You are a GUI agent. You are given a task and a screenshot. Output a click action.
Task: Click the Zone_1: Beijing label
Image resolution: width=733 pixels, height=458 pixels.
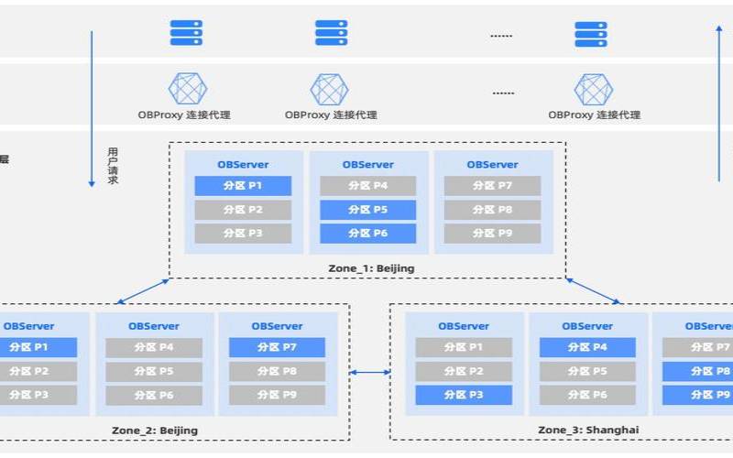(x=371, y=267)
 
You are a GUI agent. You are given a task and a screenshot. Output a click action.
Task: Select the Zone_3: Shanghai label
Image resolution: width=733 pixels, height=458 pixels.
(x=588, y=430)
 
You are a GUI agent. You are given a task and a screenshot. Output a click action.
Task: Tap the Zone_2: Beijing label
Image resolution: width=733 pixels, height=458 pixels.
(x=153, y=430)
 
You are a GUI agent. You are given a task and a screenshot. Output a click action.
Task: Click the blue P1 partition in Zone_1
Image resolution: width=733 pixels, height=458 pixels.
(x=243, y=186)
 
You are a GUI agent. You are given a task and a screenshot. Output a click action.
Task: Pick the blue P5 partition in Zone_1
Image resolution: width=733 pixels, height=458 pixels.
(x=367, y=210)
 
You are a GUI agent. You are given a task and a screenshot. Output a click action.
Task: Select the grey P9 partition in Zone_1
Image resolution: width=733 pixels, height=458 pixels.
(x=492, y=234)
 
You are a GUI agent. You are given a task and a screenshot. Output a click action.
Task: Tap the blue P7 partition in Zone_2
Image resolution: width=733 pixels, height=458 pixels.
(x=277, y=347)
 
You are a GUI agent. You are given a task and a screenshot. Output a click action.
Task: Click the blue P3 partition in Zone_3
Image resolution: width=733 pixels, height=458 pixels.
(x=464, y=395)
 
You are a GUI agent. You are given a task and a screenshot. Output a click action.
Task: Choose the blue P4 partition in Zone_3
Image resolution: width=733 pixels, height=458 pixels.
(x=587, y=347)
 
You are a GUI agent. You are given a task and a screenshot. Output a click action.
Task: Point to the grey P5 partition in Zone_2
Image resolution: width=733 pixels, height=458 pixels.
(x=153, y=371)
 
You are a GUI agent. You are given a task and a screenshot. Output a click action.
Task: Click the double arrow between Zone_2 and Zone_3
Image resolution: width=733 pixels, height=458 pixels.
(x=370, y=372)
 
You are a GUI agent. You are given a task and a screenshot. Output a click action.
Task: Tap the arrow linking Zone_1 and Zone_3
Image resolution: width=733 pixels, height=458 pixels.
(x=594, y=289)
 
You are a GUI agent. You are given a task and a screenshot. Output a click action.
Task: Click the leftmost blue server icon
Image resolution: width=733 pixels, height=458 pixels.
(x=186, y=34)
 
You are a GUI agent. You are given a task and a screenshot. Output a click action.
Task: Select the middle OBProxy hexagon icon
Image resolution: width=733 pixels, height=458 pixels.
(x=330, y=89)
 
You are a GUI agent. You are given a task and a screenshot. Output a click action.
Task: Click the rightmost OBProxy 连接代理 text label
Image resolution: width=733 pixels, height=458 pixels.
(x=594, y=115)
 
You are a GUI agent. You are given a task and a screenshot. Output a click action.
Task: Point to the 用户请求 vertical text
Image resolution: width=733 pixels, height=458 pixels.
(x=113, y=166)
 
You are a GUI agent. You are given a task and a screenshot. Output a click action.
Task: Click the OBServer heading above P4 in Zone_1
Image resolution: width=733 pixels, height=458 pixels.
(x=368, y=165)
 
